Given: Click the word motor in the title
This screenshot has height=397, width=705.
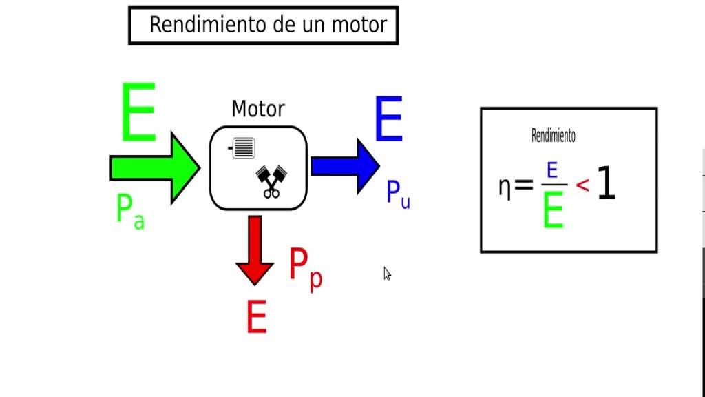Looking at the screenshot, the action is pos(359,25).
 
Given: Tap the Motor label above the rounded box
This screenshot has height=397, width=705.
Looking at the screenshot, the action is pos(258,109).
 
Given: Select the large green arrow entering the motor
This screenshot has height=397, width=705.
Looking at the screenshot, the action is pos(155,168).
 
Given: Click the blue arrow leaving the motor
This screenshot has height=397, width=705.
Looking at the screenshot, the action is pos(346,166).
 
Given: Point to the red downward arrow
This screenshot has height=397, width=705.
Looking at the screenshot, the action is pos(255,250).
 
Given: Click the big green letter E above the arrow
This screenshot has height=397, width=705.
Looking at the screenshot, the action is pos(138,112).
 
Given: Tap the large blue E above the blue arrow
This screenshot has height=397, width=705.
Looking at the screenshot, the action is pos(389,119).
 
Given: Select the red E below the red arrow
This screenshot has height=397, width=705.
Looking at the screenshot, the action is pos(257,317).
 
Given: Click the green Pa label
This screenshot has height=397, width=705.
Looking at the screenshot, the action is pos(130,212).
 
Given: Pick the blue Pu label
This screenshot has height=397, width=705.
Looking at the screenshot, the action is pos(399,194).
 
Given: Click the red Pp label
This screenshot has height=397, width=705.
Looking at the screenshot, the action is pos(306,268).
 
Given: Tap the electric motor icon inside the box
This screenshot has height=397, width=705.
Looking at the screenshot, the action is pos(242,148).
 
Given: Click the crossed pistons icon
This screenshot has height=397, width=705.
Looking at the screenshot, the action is pos(271,182).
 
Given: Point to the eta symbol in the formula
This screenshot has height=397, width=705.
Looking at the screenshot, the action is pos(505,186).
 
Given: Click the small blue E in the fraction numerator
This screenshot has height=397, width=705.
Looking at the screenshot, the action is pos(552,171).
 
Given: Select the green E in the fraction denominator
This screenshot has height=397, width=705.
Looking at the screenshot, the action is pos(553,210).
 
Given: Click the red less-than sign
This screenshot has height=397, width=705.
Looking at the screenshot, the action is pos(582,185).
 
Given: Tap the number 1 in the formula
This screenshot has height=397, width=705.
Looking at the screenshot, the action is pos(606,182).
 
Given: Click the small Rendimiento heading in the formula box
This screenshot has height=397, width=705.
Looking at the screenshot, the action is pos(554,136).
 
